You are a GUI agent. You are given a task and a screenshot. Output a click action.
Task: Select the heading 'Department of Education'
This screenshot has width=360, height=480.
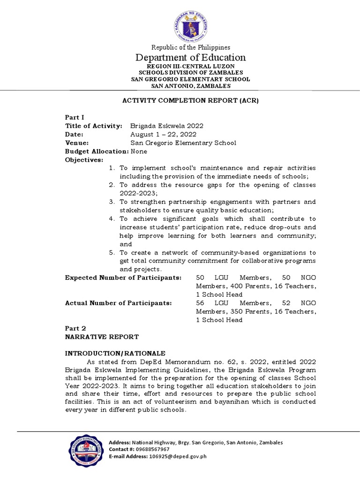click(190, 58)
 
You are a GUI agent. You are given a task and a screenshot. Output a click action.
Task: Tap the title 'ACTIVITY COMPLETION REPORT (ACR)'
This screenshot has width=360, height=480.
click(190, 101)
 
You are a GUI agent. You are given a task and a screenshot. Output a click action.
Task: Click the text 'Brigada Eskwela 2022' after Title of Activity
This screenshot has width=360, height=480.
click(167, 126)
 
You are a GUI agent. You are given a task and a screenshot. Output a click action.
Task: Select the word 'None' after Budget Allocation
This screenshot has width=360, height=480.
click(139, 151)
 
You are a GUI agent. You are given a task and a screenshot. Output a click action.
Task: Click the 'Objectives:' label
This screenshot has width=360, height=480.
click(84, 160)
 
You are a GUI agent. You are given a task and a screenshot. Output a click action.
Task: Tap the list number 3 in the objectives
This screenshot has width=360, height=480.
click(112, 202)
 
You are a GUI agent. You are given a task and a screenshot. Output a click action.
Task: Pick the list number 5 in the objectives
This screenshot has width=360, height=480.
click(112, 253)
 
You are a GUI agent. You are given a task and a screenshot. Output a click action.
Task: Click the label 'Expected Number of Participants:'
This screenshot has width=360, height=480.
click(123, 278)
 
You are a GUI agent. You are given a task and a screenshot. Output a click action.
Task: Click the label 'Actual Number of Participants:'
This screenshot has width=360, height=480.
click(118, 303)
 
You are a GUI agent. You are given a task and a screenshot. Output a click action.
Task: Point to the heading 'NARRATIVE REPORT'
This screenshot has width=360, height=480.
click(102, 337)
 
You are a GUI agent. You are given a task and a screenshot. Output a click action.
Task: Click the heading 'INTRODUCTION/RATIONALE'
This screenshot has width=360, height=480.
click(114, 353)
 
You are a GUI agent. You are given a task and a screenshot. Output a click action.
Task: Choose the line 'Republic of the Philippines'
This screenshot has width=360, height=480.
click(190, 47)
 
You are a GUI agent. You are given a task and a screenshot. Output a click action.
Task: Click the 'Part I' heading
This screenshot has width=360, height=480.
click(74, 118)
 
